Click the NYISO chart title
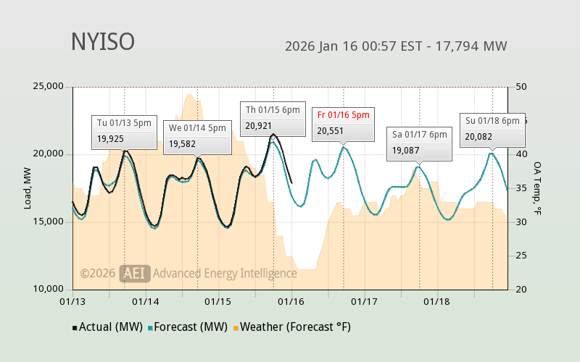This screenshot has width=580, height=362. click(x=102, y=42)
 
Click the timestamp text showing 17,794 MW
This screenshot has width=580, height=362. click(x=396, y=46)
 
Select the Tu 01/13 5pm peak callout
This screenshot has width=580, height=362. click(x=124, y=131)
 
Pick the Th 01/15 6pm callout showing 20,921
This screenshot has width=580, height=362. click(x=273, y=118)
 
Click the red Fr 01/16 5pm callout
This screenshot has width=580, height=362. click(x=343, y=123)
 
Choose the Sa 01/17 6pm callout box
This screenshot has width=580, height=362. click(x=419, y=143)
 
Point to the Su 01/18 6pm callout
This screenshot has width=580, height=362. click(x=492, y=129)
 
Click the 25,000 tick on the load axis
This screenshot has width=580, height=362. click(x=49, y=87)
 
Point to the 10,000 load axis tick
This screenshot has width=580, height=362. click(x=49, y=289)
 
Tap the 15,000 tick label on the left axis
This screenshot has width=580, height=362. click(x=49, y=222)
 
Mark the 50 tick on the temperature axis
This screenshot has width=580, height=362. click(x=520, y=87)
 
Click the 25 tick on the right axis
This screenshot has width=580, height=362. click(x=520, y=256)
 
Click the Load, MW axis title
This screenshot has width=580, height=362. click(x=28, y=188)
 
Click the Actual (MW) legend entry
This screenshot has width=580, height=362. click(x=108, y=327)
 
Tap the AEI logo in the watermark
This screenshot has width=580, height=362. click(x=135, y=273)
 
